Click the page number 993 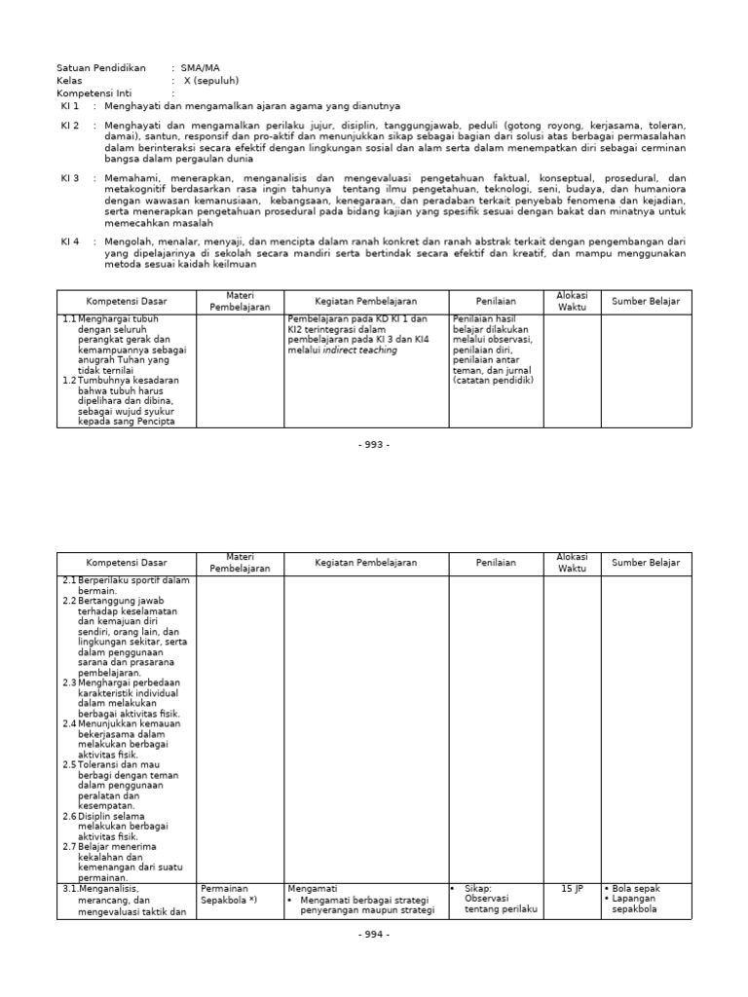pyautogui.click(x=374, y=444)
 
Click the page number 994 pyautogui.click(x=374, y=935)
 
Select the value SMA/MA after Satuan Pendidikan pyautogui.click(x=200, y=68)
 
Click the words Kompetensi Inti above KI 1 pyautogui.click(x=93, y=93)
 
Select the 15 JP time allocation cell pyautogui.click(x=572, y=889)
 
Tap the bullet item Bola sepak pyautogui.click(x=637, y=889)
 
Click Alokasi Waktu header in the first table pyautogui.click(x=572, y=301)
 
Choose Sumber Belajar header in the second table pyautogui.click(x=645, y=563)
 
